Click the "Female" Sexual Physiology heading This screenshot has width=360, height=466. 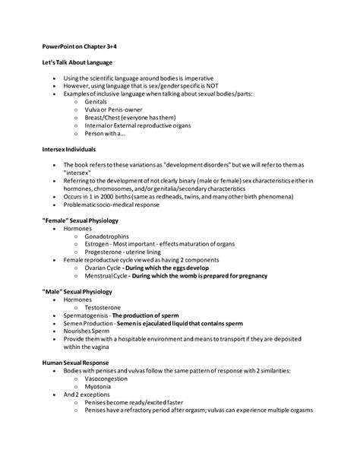(x=82, y=218)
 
